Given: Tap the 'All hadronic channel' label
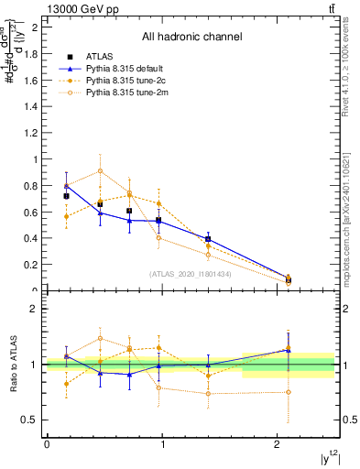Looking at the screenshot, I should (191, 38).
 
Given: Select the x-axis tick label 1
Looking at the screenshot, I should (162, 444).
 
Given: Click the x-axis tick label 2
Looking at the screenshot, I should (278, 444).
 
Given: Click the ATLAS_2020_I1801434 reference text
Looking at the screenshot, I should (191, 274).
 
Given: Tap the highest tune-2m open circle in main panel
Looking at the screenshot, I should (100, 170).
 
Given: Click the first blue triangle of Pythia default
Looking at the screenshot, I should (66, 187).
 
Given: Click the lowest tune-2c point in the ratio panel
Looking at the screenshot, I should (66, 384).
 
